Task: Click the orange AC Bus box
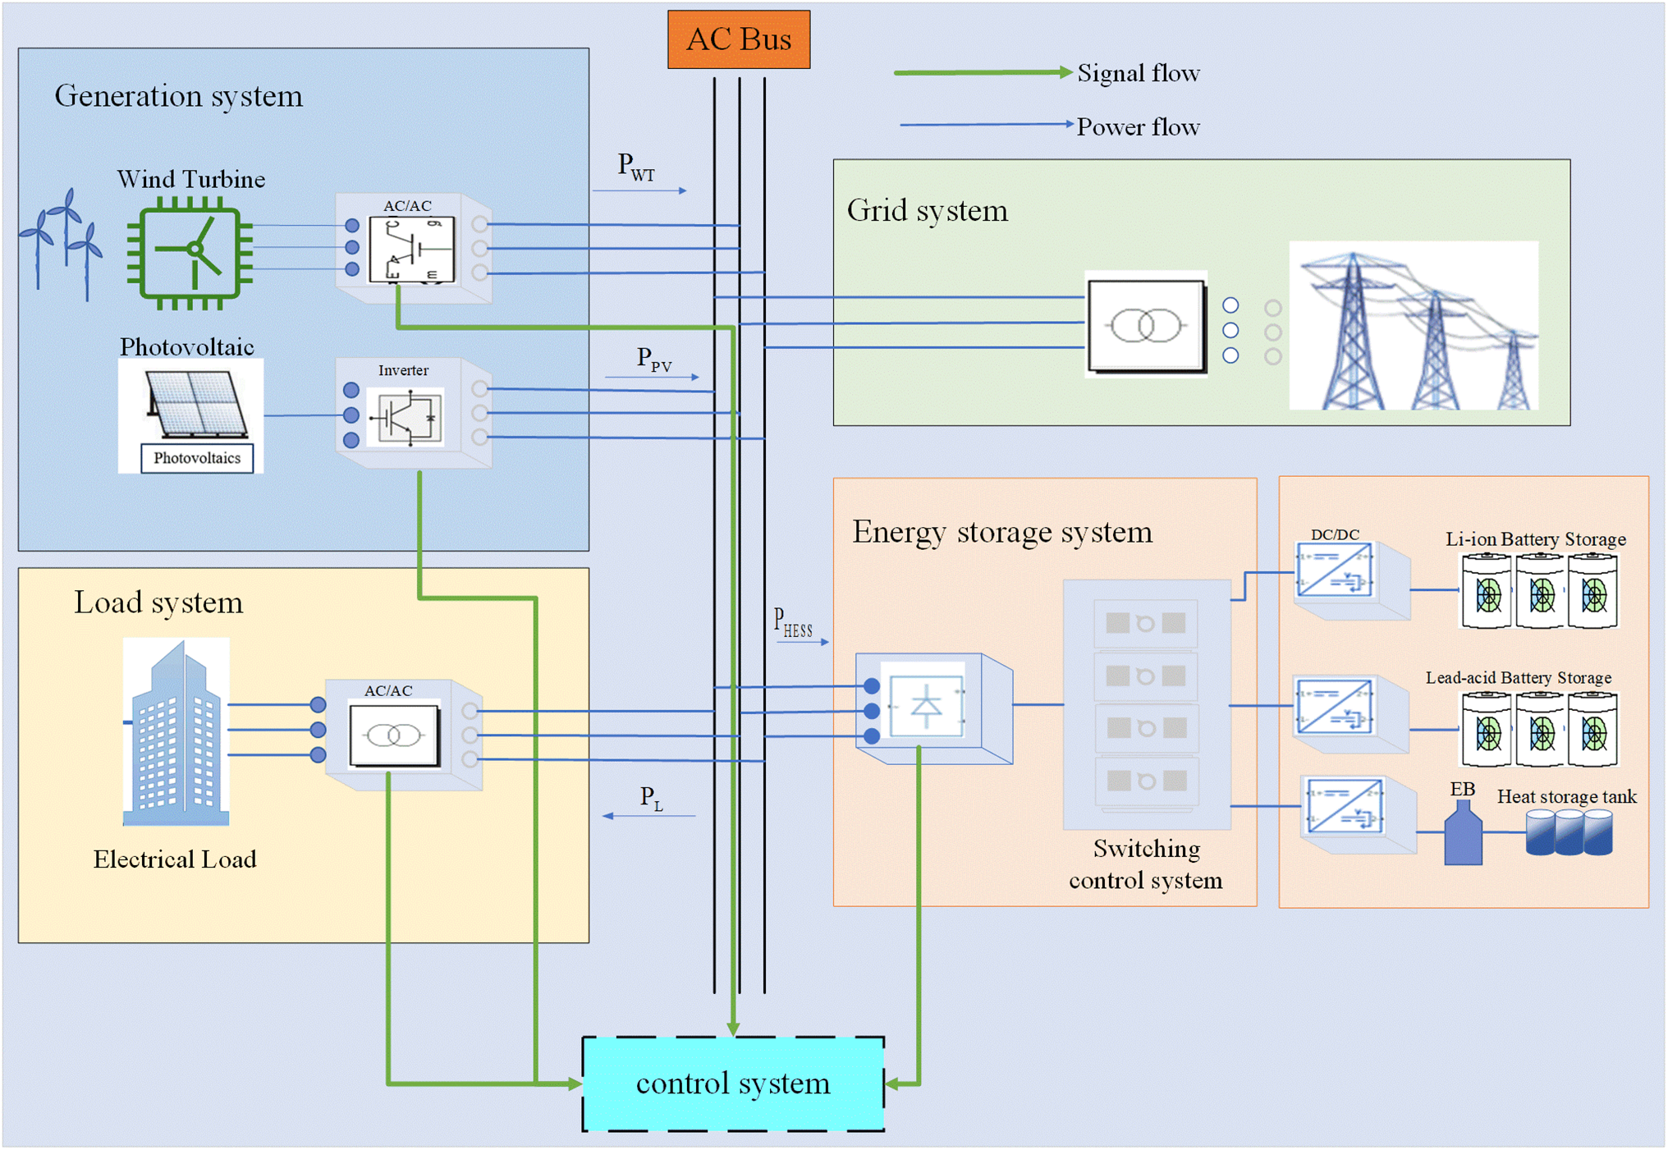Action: (x=738, y=39)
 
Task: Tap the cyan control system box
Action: (x=733, y=1084)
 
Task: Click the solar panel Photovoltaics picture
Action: (x=191, y=415)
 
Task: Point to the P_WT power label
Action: (x=636, y=167)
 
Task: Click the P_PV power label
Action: (x=654, y=360)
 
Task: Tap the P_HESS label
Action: (x=793, y=623)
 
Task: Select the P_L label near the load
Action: (x=651, y=798)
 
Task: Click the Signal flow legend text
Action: (x=1139, y=73)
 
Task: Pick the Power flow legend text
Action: (x=1139, y=127)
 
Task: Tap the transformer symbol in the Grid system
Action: (x=1146, y=326)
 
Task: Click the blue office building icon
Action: (x=176, y=732)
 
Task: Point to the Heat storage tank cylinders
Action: (x=1569, y=833)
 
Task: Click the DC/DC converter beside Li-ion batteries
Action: (x=1336, y=570)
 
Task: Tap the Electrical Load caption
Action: (x=175, y=859)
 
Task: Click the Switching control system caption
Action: (x=1145, y=864)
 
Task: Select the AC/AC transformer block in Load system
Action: (x=394, y=735)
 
